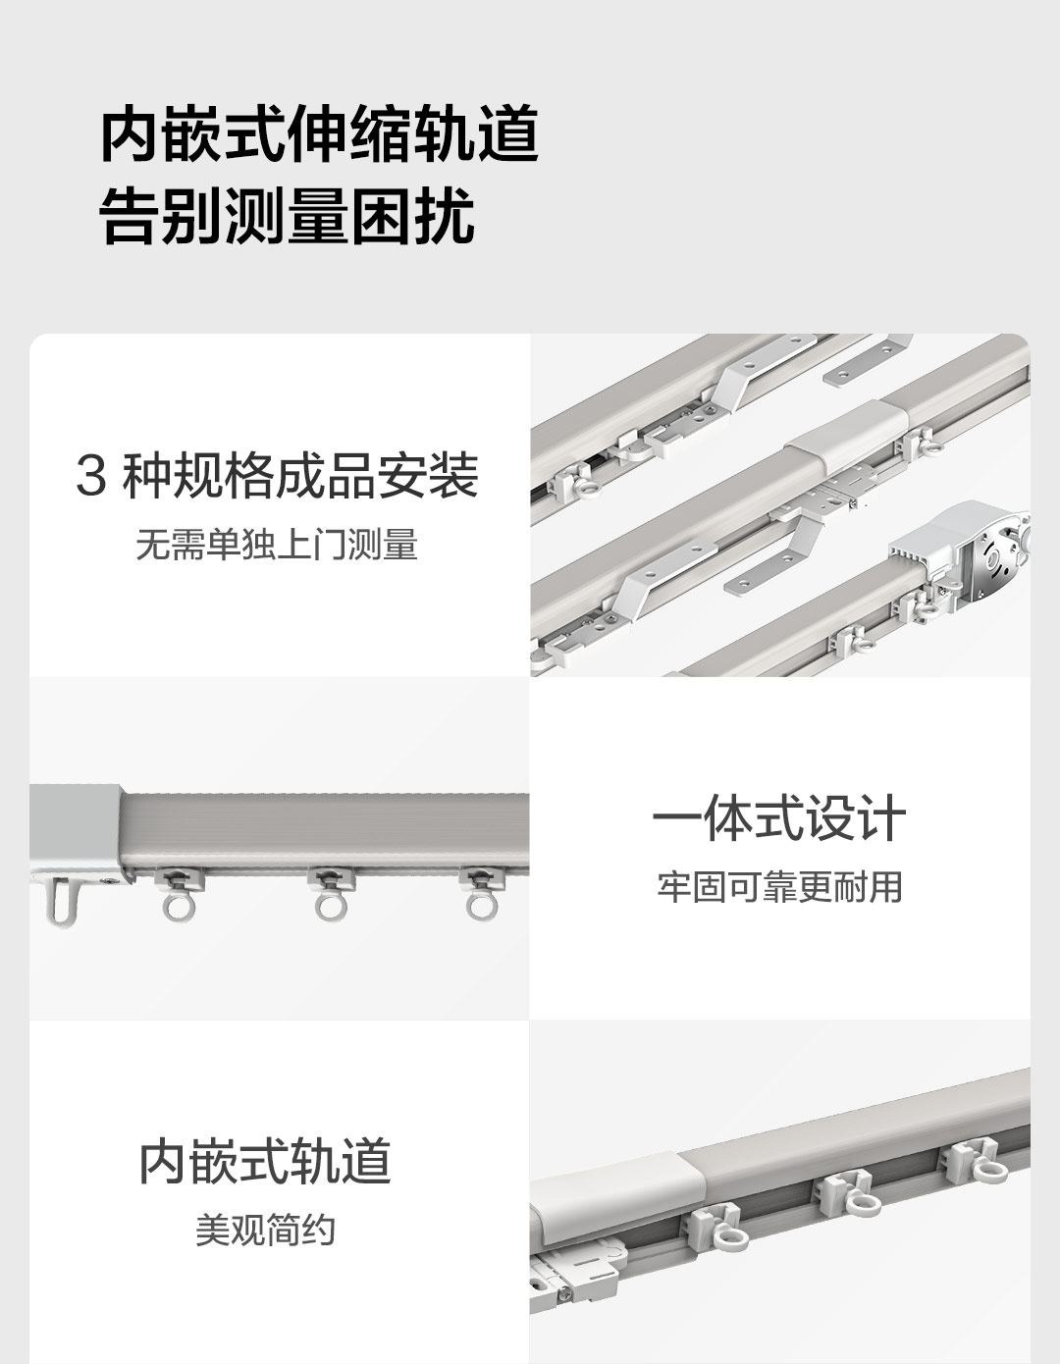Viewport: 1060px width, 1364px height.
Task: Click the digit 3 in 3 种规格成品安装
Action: (x=91, y=477)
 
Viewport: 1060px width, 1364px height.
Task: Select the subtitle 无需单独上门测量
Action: (x=277, y=545)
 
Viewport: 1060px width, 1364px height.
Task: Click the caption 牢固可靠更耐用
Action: (x=779, y=886)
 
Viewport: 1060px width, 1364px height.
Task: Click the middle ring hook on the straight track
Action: (x=331, y=895)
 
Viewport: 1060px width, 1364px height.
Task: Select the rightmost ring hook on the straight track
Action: (x=482, y=895)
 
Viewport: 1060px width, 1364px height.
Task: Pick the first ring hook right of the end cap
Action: (x=179, y=895)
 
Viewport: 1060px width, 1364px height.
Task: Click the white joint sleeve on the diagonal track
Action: (x=847, y=437)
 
